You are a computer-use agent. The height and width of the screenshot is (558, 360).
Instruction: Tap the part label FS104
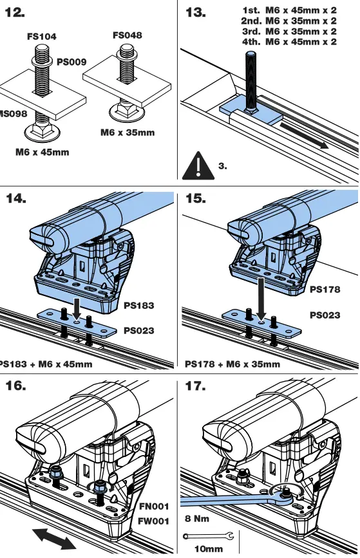tap(41, 37)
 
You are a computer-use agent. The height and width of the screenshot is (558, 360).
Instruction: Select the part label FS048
tap(127, 35)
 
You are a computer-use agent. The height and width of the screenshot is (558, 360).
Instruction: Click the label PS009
tap(71, 62)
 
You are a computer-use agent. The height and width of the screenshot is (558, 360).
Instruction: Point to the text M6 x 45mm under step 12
tap(42, 153)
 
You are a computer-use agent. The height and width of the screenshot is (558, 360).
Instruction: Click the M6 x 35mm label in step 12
tap(128, 133)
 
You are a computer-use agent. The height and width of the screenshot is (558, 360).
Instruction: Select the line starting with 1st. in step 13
tap(289, 11)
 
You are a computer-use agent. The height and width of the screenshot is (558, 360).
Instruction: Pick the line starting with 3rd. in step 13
tap(289, 32)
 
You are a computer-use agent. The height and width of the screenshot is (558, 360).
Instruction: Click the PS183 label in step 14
tap(139, 306)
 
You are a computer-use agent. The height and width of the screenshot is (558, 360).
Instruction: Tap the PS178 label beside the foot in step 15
tap(325, 290)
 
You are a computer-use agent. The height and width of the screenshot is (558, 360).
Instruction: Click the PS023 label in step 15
tap(325, 315)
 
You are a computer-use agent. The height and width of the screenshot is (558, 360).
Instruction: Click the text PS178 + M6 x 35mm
tap(232, 364)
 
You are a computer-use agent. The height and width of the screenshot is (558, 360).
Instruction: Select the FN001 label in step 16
tap(154, 507)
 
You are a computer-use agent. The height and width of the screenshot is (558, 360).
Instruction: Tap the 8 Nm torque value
tap(197, 519)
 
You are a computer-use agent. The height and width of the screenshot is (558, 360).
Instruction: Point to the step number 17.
tap(196, 387)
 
